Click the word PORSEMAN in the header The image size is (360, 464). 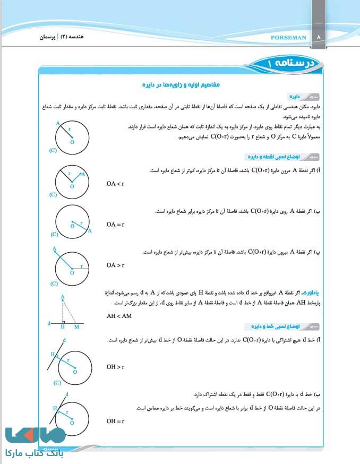coord(288,38)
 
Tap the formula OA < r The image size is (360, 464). coord(115,184)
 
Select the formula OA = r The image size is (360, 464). coord(115,225)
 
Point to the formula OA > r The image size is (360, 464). coord(115,265)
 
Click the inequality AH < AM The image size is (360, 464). coord(119,316)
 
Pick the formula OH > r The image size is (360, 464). coord(115,367)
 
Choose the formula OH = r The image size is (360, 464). coord(115,421)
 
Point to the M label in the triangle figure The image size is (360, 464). coord(76,326)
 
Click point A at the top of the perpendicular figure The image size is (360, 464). coord(63,296)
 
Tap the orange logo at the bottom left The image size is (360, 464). coord(35,436)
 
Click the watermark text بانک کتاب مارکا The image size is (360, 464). coord(34,454)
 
